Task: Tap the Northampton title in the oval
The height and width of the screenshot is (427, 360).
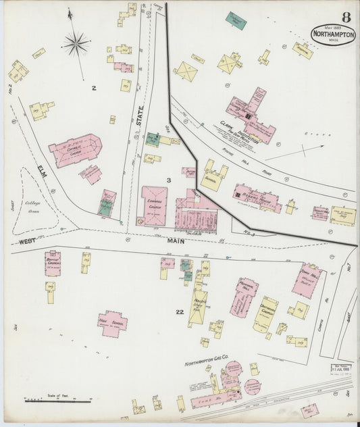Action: pos(333,33)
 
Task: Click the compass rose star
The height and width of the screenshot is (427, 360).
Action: pos(76,45)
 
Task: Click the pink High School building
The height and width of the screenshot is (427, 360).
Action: pos(112,323)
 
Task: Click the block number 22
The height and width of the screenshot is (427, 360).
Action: pos(179,311)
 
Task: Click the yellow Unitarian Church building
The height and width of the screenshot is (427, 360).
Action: pos(265,313)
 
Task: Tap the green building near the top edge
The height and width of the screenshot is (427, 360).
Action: pos(236,20)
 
